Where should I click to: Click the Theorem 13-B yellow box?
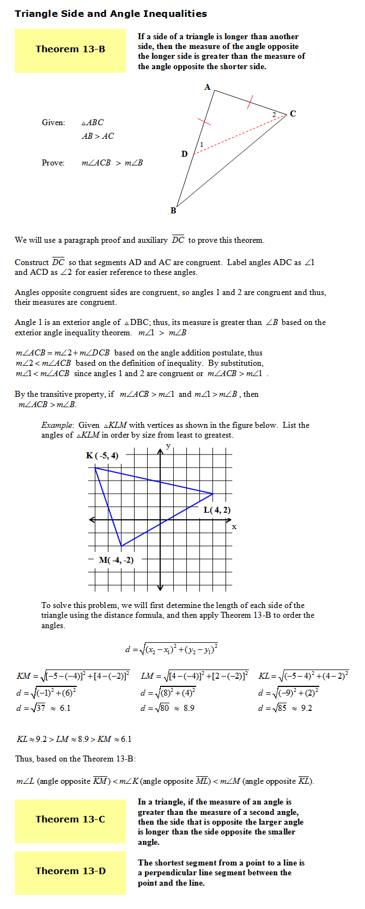click(x=70, y=50)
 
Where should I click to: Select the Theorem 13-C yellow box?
click(x=70, y=820)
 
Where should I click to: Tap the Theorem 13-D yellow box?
click(x=70, y=872)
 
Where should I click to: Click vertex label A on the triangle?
click(x=207, y=87)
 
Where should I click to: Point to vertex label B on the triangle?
click(x=173, y=211)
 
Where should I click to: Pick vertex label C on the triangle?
click(x=293, y=114)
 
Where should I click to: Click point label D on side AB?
click(x=184, y=154)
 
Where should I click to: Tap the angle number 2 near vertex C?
click(x=274, y=115)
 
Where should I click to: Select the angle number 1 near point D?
click(x=202, y=144)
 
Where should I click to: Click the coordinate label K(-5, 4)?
click(x=102, y=456)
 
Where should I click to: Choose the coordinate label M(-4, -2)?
click(x=116, y=560)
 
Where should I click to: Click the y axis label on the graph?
click(x=168, y=446)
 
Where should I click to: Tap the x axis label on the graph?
click(x=234, y=527)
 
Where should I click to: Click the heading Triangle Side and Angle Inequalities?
click(x=111, y=14)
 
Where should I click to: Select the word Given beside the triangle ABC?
click(x=53, y=122)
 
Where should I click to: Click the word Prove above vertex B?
click(x=53, y=163)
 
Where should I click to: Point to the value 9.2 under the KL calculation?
click(x=307, y=708)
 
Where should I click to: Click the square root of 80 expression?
click(x=162, y=708)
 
